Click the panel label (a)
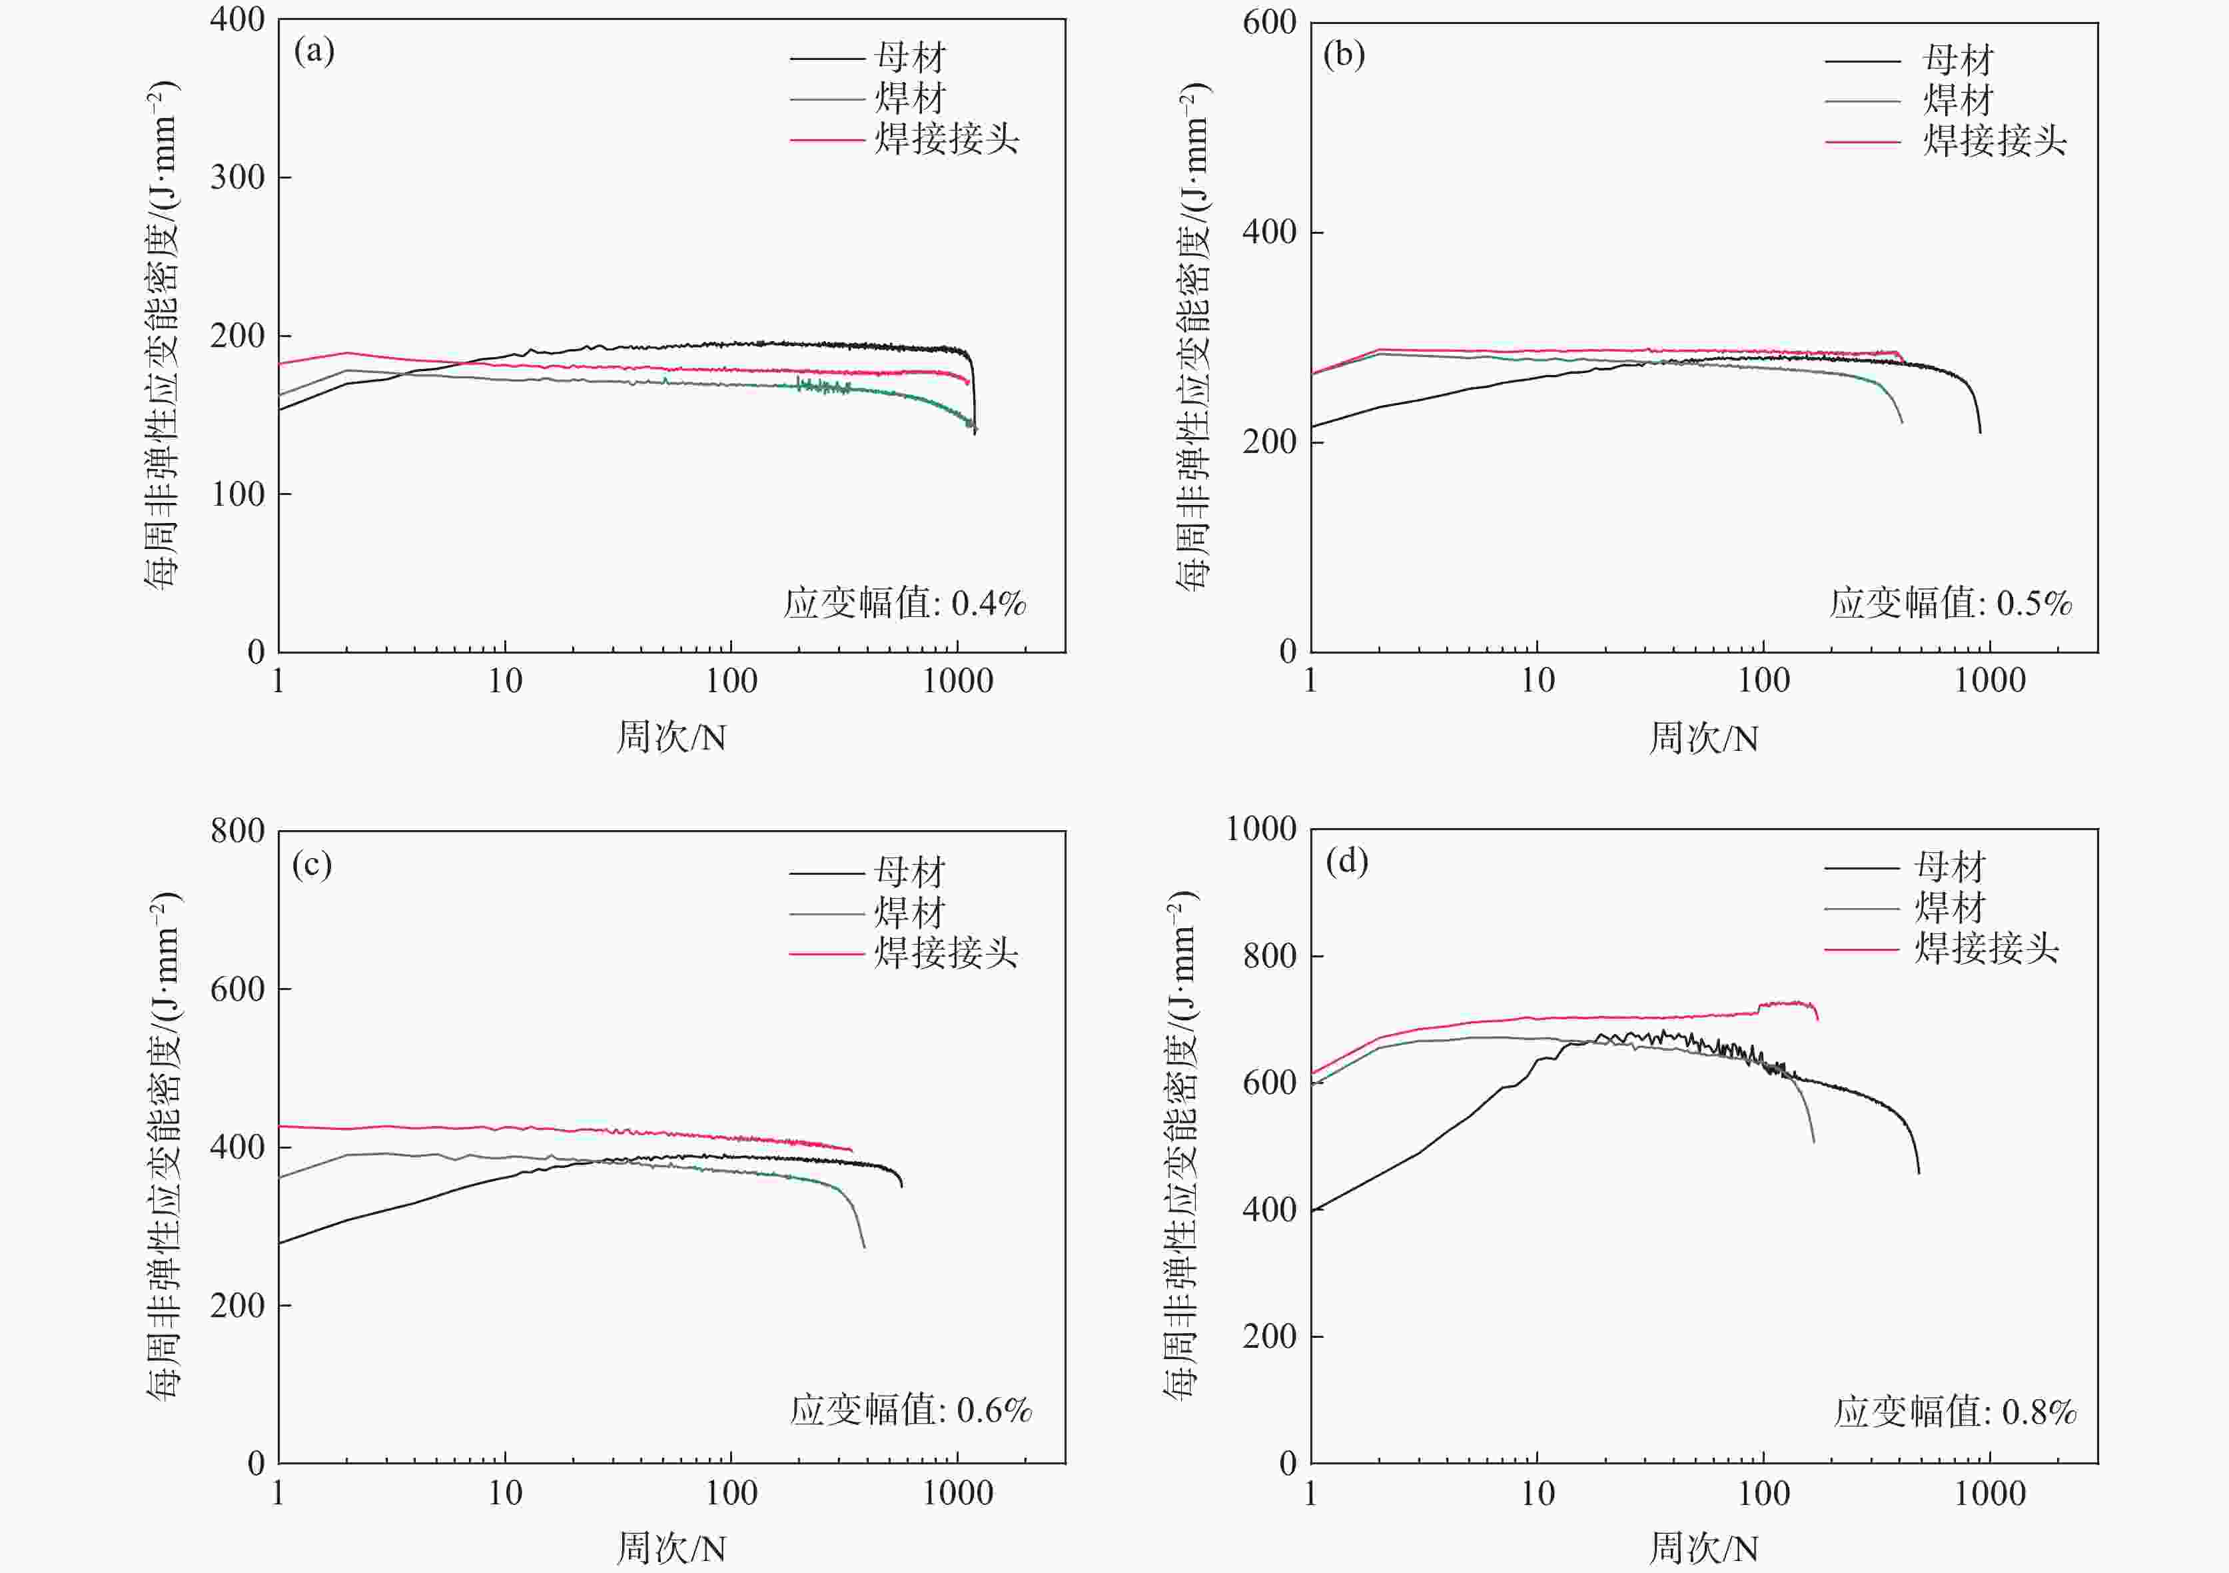[314, 51]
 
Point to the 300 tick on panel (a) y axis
[238, 178]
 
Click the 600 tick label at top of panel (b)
[1269, 23]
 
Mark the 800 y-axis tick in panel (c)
[238, 831]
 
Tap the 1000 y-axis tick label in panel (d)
[1261, 829]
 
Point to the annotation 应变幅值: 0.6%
[911, 1410]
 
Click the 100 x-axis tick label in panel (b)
[1763, 681]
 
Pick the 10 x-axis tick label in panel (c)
[505, 1492]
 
